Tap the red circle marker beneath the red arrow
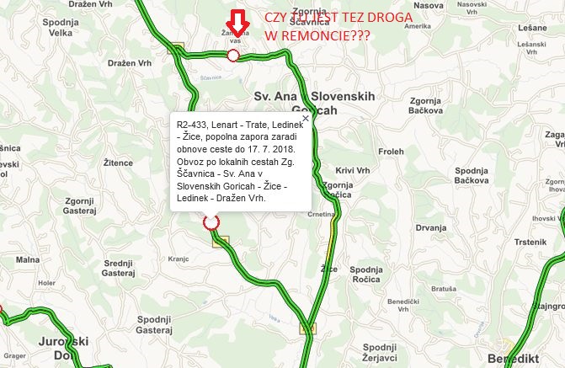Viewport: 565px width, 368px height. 233,56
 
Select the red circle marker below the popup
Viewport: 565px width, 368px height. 211,222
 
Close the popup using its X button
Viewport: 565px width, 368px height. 306,119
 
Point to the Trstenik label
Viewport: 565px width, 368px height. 531,242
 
